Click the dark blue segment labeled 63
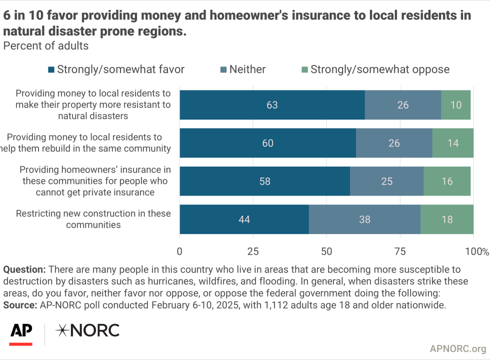coord(272,105)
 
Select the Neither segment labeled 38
coord(364,219)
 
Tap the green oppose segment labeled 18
coord(447,219)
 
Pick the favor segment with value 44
coord(244,219)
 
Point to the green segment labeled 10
coord(456,105)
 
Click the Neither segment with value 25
coord(387,181)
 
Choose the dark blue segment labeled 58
coord(265,181)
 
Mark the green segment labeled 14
coord(453,143)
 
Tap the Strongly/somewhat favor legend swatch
coord(51,69)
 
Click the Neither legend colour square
coord(223,69)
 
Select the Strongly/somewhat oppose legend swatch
coord(304,69)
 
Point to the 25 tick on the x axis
coord(253,251)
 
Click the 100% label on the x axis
coord(477,251)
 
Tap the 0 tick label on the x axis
coord(179,251)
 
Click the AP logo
coord(21,334)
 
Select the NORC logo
coord(88,330)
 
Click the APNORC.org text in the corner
coord(458,349)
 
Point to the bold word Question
coord(24,269)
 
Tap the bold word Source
coord(20,305)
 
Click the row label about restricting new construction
coord(93,219)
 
